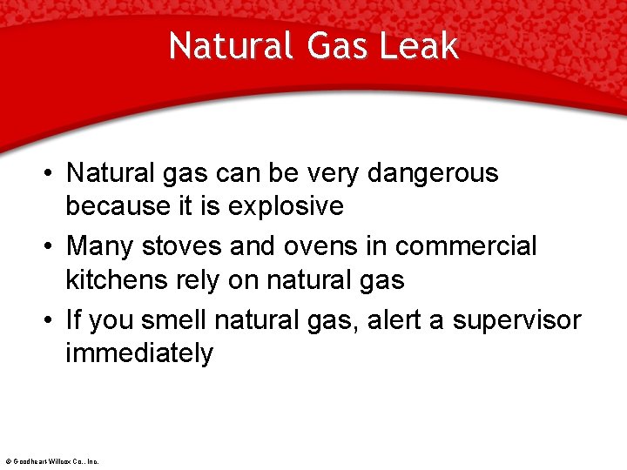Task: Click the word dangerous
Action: click(433, 173)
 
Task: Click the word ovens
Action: click(316, 246)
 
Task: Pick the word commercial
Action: click(466, 246)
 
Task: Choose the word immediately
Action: click(139, 353)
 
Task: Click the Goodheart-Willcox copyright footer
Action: click(51, 460)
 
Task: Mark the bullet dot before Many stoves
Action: click(45, 247)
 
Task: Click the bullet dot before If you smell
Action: click(45, 321)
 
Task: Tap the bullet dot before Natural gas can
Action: click(45, 174)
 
